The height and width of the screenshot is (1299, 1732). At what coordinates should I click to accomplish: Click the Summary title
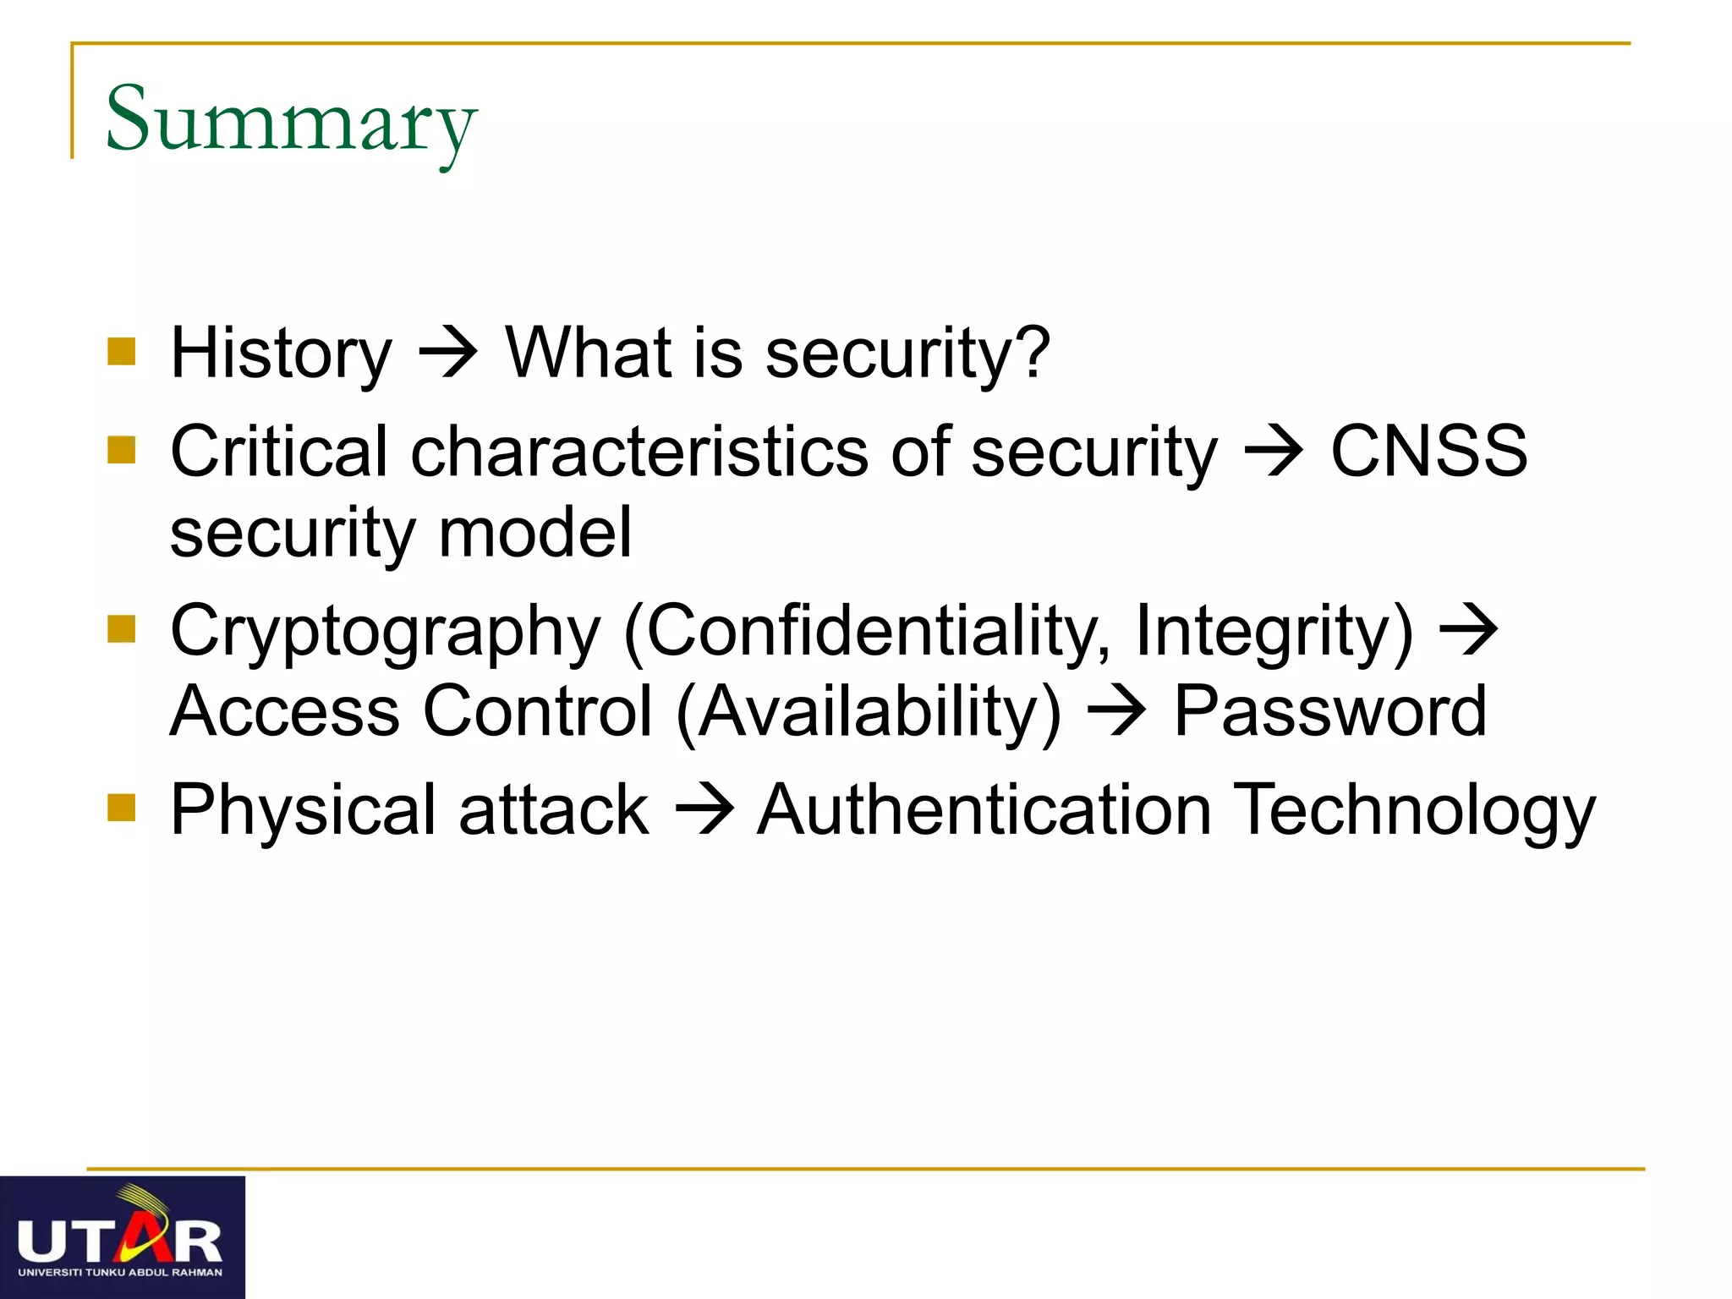[291, 120]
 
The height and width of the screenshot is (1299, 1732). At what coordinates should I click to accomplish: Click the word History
[281, 354]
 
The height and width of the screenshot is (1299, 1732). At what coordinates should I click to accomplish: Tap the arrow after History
[448, 352]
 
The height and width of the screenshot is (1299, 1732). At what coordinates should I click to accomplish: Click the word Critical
[278, 452]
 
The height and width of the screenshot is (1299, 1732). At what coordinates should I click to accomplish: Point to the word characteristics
[639, 452]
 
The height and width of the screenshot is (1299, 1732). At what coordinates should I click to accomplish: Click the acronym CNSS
[1428, 452]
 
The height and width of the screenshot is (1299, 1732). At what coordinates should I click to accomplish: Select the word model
[534, 533]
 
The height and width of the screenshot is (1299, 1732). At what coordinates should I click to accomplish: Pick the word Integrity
[1273, 631]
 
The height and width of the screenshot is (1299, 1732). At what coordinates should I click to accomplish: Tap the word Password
[1329, 712]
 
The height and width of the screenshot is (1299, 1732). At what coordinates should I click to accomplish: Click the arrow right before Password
[1116, 712]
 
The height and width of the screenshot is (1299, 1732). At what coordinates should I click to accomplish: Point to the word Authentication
[984, 810]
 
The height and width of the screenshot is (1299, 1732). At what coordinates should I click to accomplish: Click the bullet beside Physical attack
[122, 807]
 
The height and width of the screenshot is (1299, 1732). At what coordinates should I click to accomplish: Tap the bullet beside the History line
[122, 352]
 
